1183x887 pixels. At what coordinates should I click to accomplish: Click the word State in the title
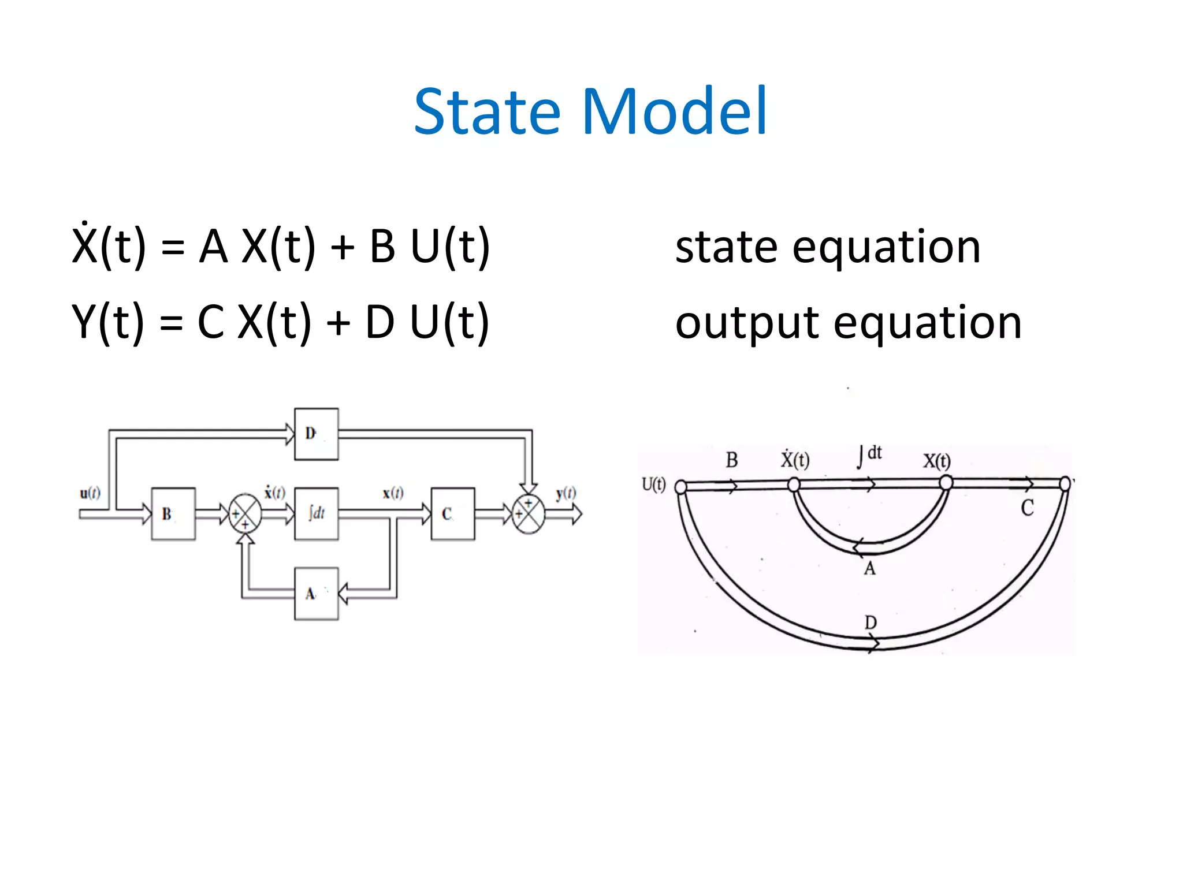pos(487,111)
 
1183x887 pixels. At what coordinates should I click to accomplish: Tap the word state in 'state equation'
pos(726,247)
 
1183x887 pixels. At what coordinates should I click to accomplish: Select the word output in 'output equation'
pos(747,323)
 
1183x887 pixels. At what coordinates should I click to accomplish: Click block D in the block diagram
pos(316,434)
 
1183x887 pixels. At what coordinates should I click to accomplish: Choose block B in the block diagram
pos(173,513)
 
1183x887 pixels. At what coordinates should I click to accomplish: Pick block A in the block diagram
pos(316,594)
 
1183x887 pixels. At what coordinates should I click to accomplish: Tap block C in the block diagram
pos(452,513)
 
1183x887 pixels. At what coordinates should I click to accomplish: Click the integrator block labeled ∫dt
pos(316,513)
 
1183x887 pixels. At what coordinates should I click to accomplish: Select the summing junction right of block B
pos(245,513)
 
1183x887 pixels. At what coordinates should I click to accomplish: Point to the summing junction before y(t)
pos(528,513)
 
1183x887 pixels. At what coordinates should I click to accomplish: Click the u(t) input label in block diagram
pos(90,493)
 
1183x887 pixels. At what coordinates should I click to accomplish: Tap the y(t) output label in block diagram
pos(566,493)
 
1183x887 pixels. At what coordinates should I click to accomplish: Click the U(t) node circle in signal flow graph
pos(681,487)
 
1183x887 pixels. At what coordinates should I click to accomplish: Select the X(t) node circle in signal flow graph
pos(946,482)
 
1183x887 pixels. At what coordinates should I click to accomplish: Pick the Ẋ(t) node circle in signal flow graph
pos(794,485)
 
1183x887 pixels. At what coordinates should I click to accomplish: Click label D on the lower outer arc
pos(870,623)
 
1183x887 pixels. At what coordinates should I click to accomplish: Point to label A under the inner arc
pos(869,569)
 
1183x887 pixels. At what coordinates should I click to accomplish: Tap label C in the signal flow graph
pos(1027,508)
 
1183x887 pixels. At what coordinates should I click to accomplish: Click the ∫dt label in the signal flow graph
pos(870,455)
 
